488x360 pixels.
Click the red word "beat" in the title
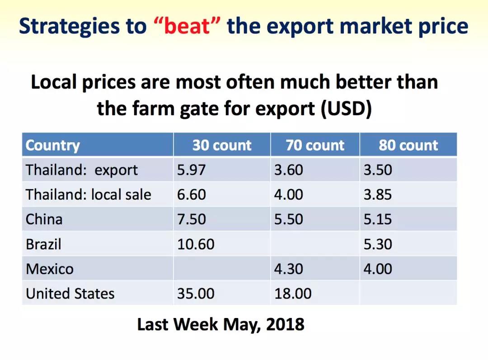tap(187, 26)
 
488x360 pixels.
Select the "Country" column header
tap(52, 145)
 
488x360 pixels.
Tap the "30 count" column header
tap(221, 145)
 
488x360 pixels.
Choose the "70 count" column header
tap(315, 145)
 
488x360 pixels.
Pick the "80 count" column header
tap(408, 145)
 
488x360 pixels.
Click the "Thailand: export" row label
tap(81, 170)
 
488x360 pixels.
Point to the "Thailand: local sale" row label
tap(89, 195)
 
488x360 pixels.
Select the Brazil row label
tap(43, 244)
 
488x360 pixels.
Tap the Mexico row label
tap(50, 269)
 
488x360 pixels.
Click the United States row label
tap(70, 294)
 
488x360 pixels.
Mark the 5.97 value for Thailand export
tap(192, 170)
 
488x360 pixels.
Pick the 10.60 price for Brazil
tap(196, 244)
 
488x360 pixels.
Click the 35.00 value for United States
tap(196, 294)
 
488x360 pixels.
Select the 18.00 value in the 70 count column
tap(293, 294)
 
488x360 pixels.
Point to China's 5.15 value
tap(378, 219)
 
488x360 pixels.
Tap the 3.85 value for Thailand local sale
tap(378, 195)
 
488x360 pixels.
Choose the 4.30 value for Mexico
tap(288, 268)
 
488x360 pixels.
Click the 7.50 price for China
tap(192, 219)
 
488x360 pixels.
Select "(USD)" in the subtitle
tap(346, 109)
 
